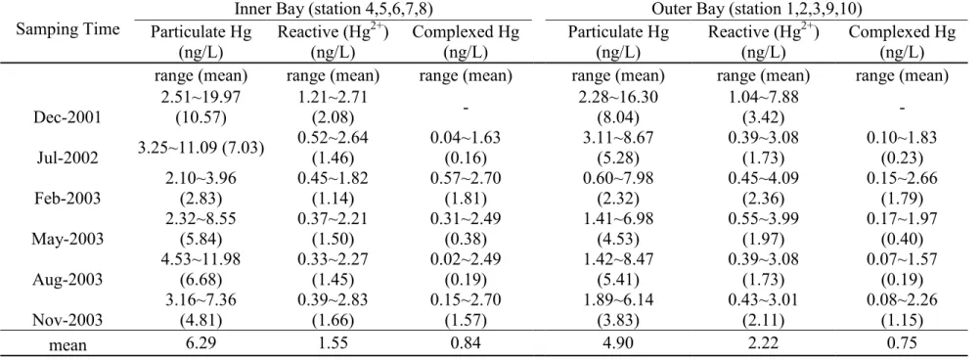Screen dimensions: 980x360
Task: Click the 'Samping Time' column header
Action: point(67,30)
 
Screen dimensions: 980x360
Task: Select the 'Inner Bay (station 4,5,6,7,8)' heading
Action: point(334,9)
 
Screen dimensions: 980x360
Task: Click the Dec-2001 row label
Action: point(67,117)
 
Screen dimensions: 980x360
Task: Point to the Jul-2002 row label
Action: point(67,158)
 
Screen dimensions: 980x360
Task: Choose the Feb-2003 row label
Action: point(67,199)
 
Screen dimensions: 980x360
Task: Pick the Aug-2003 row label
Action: point(67,279)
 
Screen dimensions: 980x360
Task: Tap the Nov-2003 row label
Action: point(67,320)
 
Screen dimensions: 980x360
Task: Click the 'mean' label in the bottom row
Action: point(67,344)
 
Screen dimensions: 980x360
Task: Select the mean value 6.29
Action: point(201,343)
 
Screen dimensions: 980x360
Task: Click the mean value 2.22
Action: point(759,343)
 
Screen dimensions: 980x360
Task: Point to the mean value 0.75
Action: point(902,343)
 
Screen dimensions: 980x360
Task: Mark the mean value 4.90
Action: point(618,343)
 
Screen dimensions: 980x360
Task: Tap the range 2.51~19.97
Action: point(201,97)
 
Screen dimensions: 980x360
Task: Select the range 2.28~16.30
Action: point(618,97)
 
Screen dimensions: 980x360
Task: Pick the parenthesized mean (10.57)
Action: point(201,117)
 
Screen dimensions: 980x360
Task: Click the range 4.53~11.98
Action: point(201,258)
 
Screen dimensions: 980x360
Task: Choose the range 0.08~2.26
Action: point(902,299)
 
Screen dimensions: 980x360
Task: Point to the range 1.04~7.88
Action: point(759,97)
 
